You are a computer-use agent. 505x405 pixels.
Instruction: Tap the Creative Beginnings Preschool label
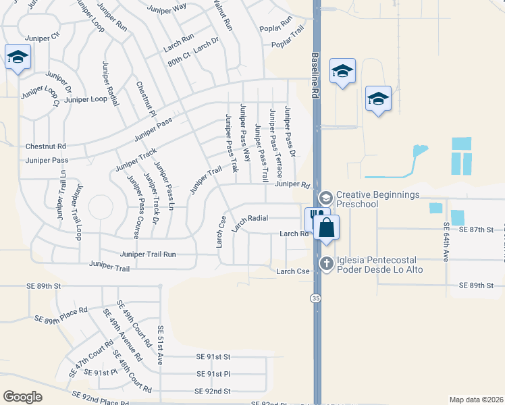(378, 199)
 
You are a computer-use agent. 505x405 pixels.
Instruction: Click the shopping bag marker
(326, 227)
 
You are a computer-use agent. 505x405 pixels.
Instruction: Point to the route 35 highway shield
(315, 298)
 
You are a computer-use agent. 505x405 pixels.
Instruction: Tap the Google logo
(22, 397)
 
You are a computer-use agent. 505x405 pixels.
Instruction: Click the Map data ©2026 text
(475, 399)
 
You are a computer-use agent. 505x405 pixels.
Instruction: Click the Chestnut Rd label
(46, 146)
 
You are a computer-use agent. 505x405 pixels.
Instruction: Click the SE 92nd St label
(213, 391)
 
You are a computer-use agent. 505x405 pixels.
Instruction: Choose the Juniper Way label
(170, 7)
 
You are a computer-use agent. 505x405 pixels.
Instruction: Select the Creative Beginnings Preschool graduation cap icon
(325, 198)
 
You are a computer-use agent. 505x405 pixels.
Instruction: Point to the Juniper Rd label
(292, 184)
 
